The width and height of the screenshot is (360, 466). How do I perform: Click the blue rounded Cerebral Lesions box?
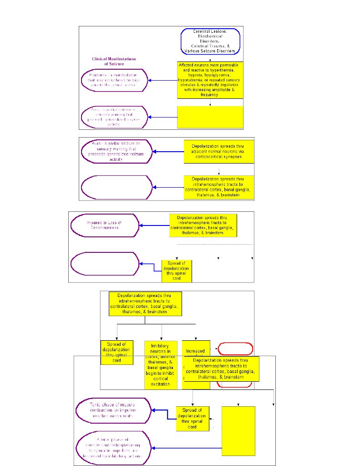coord(210,41)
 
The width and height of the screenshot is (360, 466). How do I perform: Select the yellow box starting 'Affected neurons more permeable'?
coord(210,80)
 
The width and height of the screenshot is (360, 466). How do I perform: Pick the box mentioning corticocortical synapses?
coord(219,152)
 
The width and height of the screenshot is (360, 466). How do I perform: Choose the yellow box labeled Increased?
coord(196,351)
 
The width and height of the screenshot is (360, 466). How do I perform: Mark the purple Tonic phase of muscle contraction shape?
coord(113,408)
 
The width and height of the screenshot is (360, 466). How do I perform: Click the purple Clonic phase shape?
coord(113,446)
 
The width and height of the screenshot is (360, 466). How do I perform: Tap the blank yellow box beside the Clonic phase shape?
coord(238,430)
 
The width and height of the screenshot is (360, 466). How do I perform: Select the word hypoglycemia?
coord(218,75)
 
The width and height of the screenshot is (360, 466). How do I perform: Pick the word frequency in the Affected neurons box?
coord(210,95)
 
